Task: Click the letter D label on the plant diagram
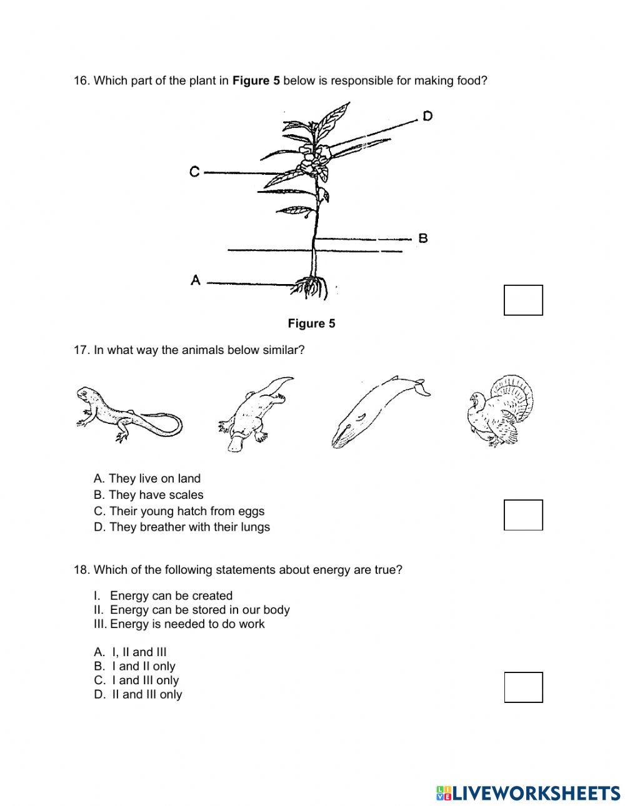point(427,116)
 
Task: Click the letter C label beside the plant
point(195,172)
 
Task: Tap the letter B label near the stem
point(423,238)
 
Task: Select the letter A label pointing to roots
point(196,281)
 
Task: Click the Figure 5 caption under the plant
point(311,323)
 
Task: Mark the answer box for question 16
point(523,300)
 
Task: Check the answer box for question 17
point(523,515)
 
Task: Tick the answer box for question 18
point(523,687)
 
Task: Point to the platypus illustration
point(255,413)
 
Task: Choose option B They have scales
point(148,495)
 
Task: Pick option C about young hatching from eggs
point(179,511)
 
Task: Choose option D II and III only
point(138,694)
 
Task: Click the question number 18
point(82,570)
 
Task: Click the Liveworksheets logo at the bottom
point(527,793)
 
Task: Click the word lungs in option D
point(256,527)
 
